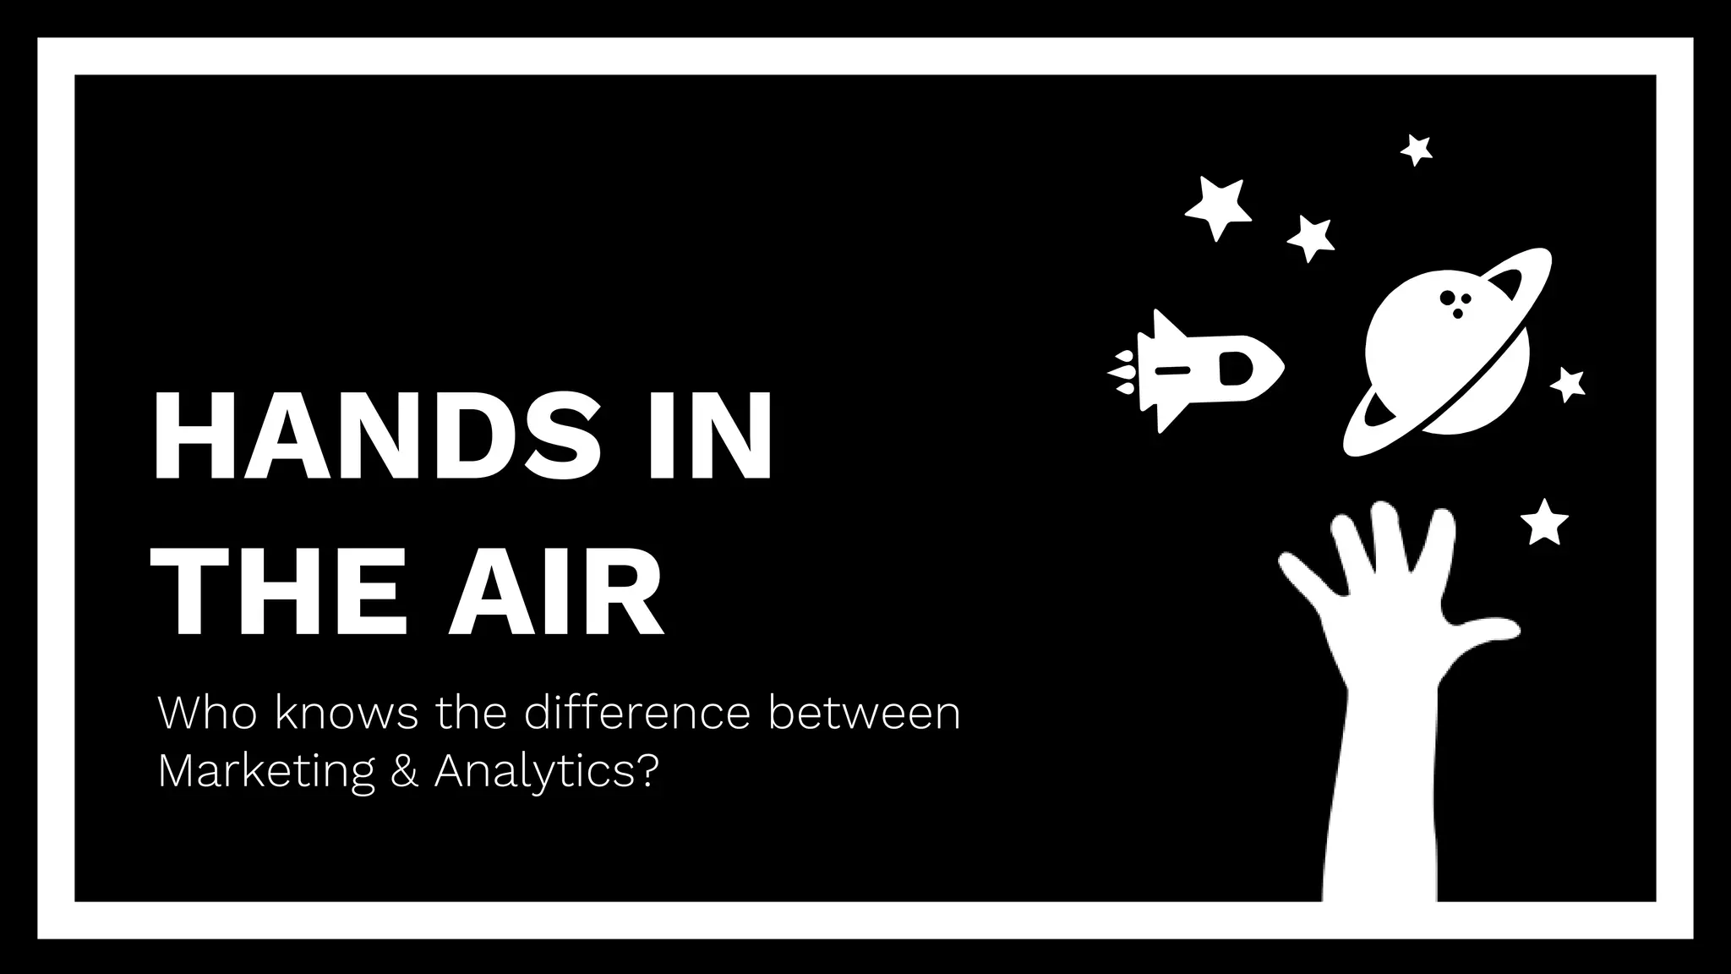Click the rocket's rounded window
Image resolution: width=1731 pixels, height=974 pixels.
click(x=1235, y=369)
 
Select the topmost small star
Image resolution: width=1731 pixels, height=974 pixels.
click(x=1417, y=150)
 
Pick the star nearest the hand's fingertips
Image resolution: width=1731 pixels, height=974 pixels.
click(x=1544, y=522)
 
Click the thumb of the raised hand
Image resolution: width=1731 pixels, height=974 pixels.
click(x=1488, y=630)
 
